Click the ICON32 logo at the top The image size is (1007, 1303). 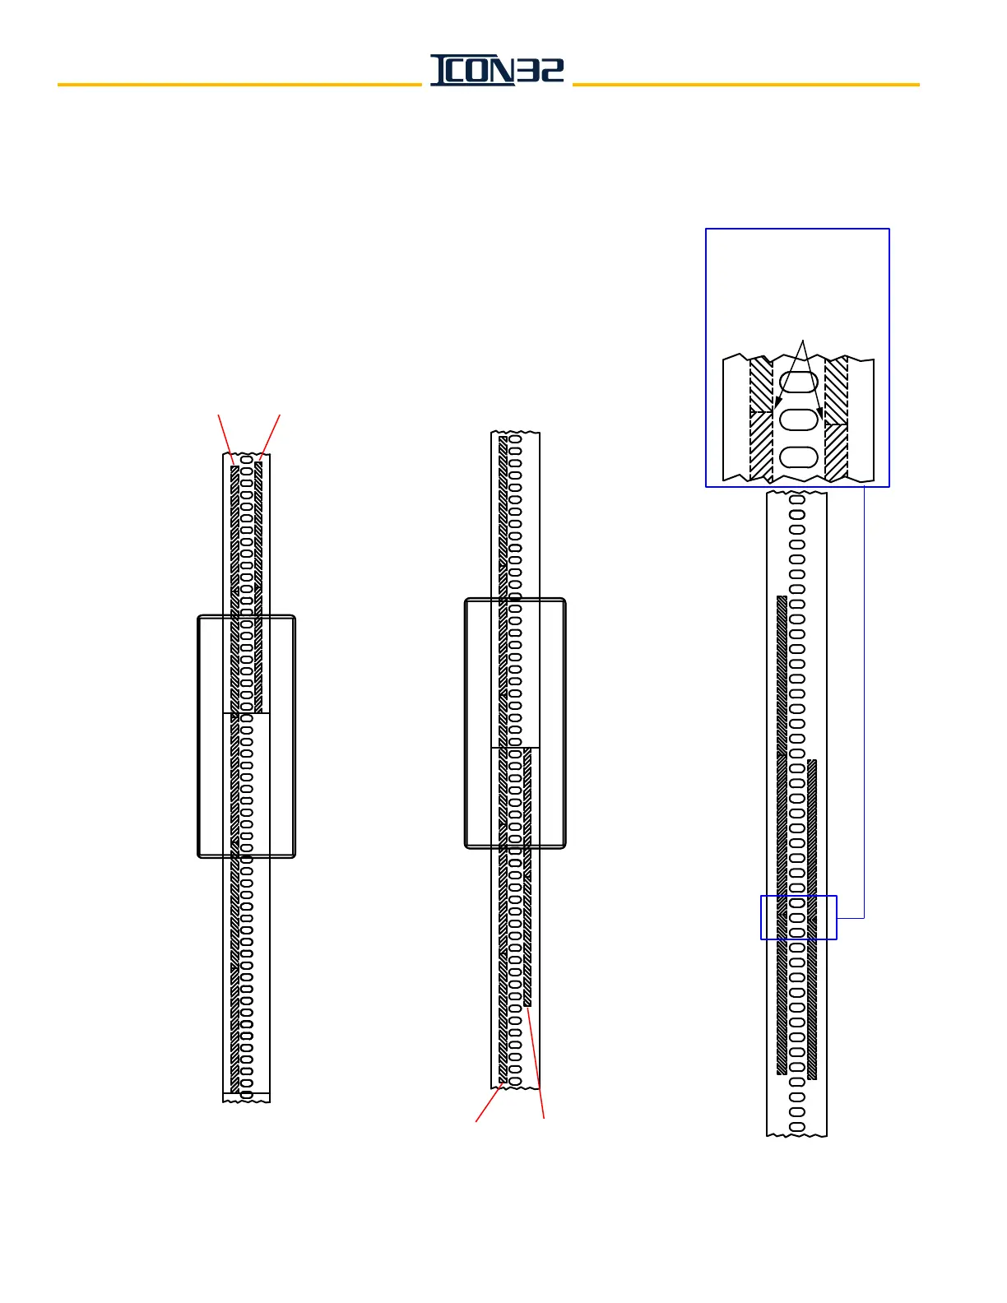click(497, 70)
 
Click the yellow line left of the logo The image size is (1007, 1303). click(239, 85)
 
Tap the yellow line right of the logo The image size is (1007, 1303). click(745, 85)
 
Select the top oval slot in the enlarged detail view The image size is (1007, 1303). click(798, 382)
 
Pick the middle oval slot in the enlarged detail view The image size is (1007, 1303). click(798, 420)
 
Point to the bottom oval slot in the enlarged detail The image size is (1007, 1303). click(798, 457)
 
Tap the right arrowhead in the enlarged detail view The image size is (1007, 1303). click(820, 411)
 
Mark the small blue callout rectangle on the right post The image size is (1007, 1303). click(798, 917)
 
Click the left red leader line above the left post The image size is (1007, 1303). click(225, 439)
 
